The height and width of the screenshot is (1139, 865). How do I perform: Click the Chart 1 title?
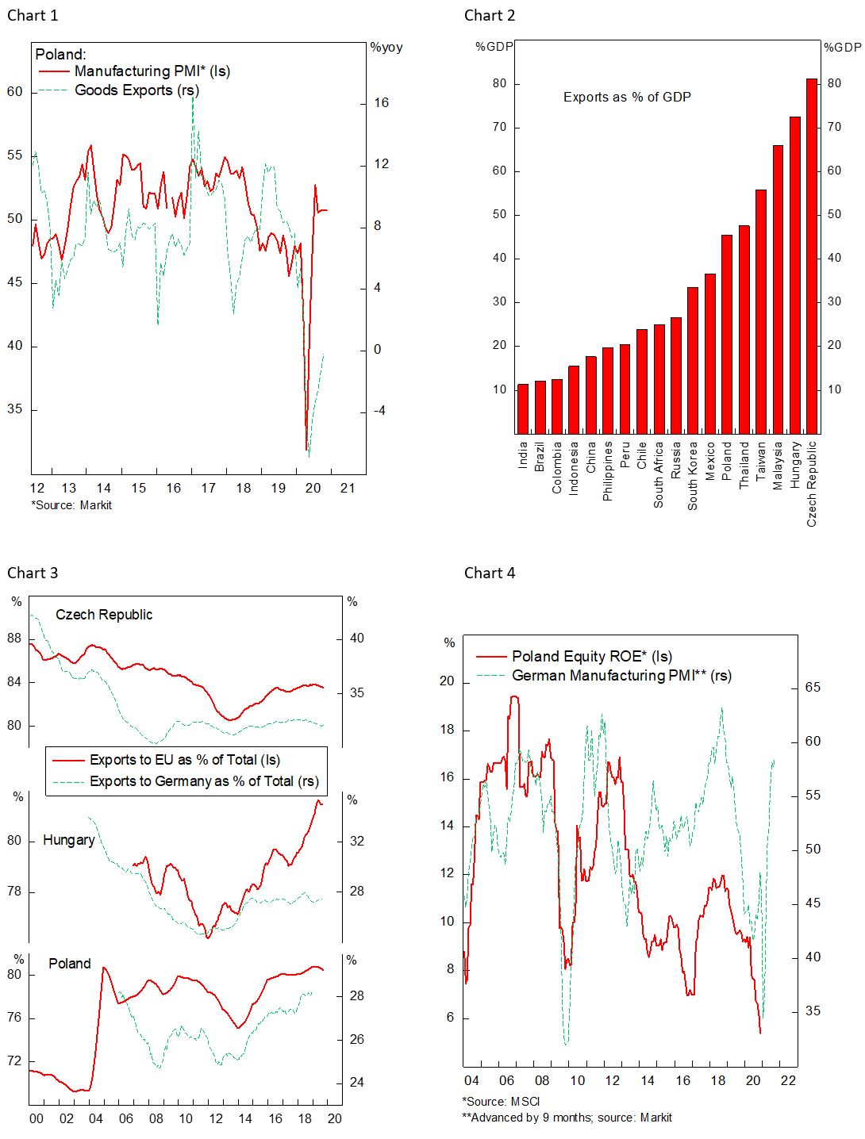pos(33,15)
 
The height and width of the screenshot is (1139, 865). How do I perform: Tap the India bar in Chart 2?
pos(523,408)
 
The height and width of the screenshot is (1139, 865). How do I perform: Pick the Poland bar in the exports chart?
pos(727,334)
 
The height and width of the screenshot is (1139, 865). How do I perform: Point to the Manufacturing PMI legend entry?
pos(152,71)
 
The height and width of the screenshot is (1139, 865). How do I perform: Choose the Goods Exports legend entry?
pos(136,90)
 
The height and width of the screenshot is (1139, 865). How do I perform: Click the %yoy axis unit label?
pos(386,48)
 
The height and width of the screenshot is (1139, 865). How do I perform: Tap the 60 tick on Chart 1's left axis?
pos(15,92)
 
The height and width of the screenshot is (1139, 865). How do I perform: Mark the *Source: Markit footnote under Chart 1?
pos(71,505)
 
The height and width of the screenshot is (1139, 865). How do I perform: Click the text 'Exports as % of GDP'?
pos(627,98)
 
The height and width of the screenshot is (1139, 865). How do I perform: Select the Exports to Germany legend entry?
pos(204,781)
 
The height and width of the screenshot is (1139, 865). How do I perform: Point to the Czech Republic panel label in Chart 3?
pos(104,615)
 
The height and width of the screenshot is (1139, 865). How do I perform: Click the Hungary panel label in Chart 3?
pos(69,840)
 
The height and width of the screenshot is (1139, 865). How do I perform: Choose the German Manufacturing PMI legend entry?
pos(621,676)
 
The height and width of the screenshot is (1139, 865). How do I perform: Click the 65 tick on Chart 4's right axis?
pos(813,688)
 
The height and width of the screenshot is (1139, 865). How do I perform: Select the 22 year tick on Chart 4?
pos(788,1080)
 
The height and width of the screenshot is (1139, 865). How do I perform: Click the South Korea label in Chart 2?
pos(693,476)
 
